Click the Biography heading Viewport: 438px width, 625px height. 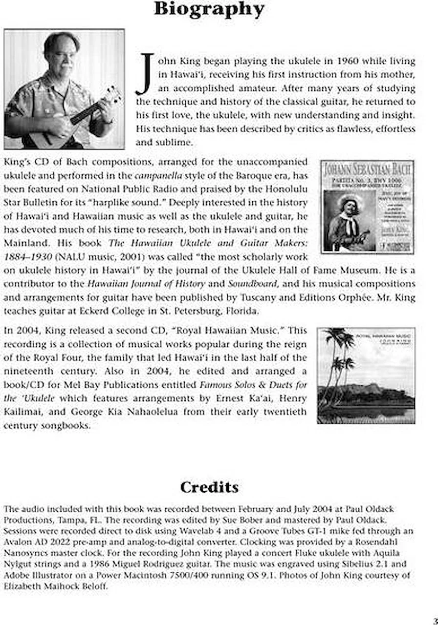[x=209, y=9]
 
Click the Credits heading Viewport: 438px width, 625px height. [x=209, y=487]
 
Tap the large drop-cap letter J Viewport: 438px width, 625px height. [x=144, y=74]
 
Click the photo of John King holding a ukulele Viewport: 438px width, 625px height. [x=64, y=89]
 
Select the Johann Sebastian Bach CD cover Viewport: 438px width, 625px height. [x=368, y=207]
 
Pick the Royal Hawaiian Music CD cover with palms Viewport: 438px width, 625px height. [x=366, y=375]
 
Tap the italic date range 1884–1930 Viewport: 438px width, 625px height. [x=28, y=256]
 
